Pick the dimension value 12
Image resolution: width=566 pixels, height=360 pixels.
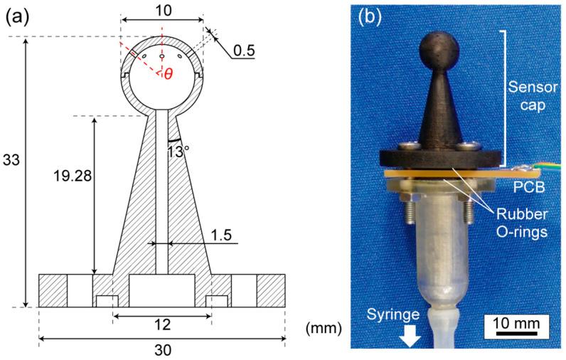click(x=163, y=325)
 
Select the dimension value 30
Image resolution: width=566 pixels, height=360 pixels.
click(x=163, y=350)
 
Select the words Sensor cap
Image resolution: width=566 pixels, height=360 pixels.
click(x=531, y=99)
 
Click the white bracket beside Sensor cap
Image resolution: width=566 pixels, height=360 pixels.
click(x=504, y=92)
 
